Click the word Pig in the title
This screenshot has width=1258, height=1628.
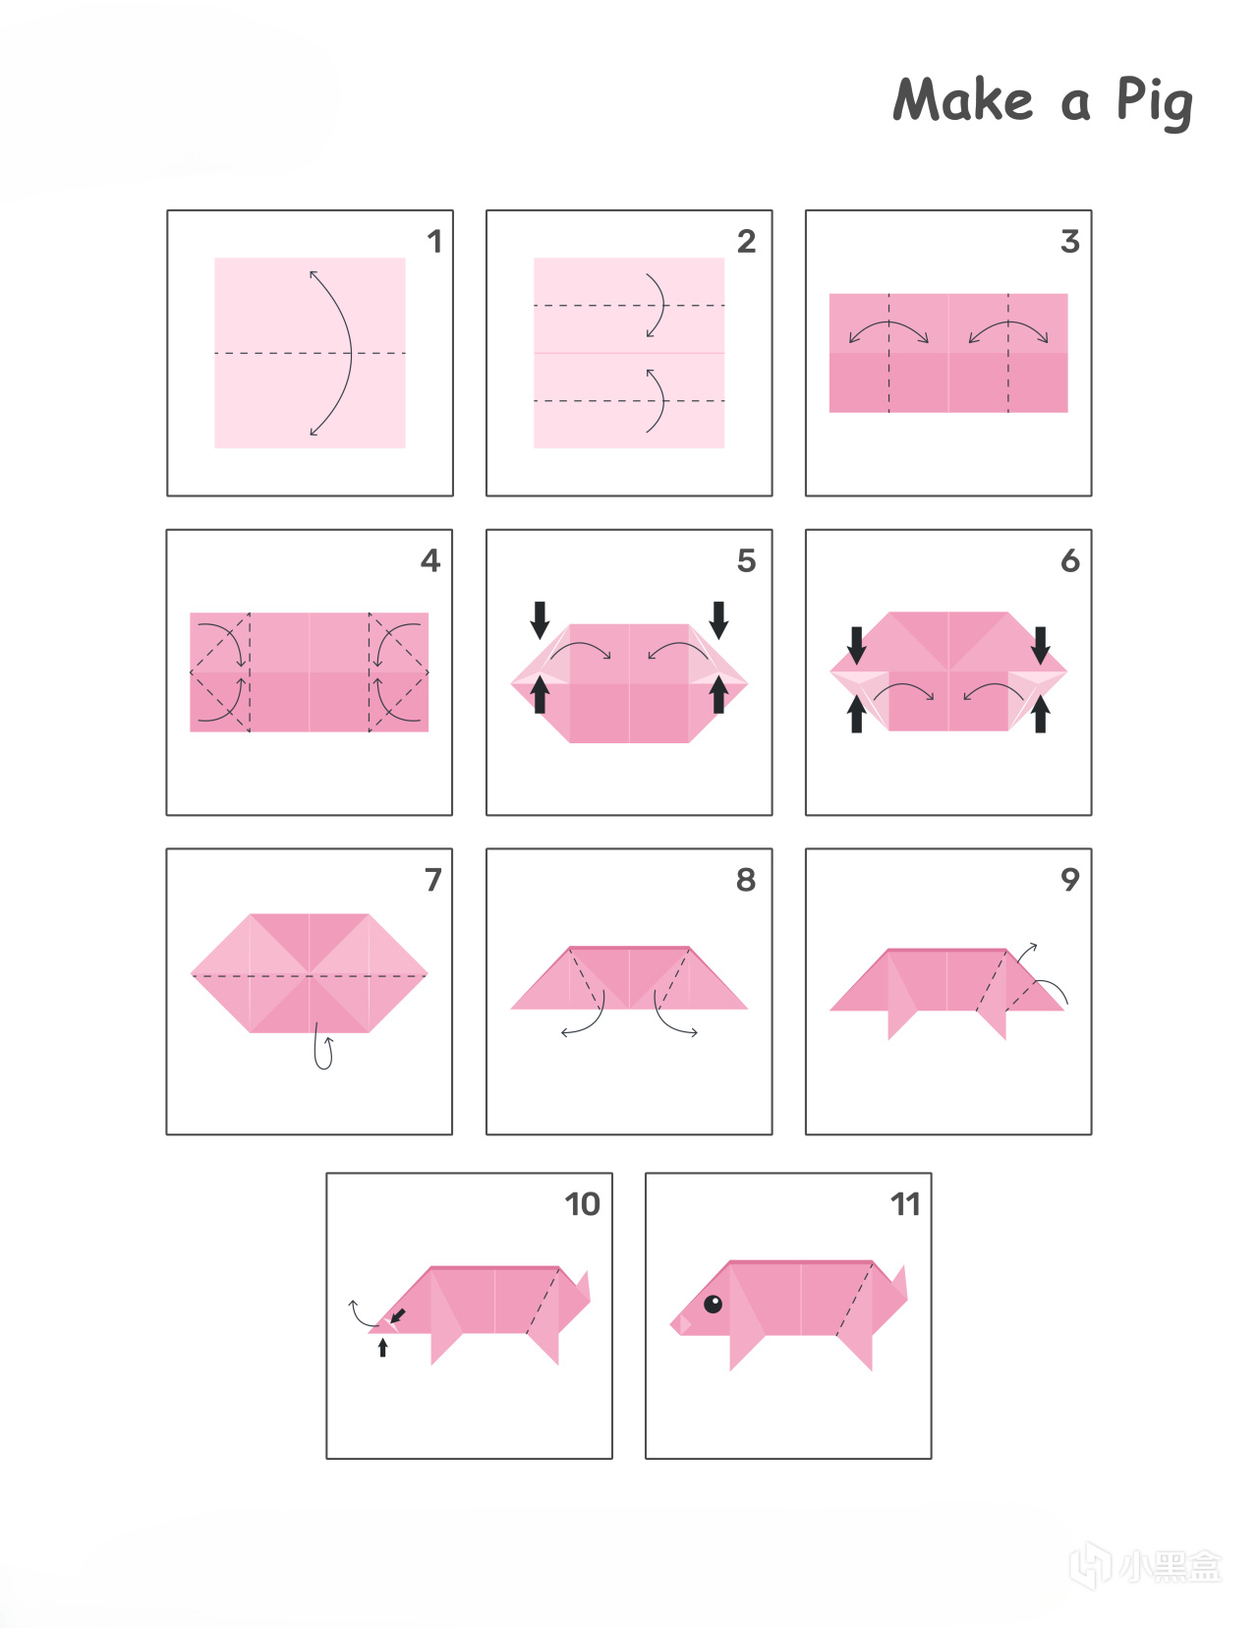point(1155,102)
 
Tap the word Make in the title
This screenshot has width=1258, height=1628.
point(963,99)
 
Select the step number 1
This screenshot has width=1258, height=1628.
point(434,241)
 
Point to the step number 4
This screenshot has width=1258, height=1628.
point(430,560)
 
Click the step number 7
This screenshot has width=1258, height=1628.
point(432,880)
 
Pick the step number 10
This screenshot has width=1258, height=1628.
point(583,1204)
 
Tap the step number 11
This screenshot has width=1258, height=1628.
point(905,1204)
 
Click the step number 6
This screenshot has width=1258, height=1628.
point(1070,560)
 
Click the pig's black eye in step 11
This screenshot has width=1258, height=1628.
point(713,1305)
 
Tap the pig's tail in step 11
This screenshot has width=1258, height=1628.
point(898,1284)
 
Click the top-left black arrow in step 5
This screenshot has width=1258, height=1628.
point(540,619)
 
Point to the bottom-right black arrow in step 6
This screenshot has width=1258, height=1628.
point(1040,714)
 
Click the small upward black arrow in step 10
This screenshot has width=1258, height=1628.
point(382,1348)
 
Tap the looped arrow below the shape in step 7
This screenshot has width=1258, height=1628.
point(323,1046)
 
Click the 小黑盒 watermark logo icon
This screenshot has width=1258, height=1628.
point(1091,1565)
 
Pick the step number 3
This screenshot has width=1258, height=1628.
point(1070,241)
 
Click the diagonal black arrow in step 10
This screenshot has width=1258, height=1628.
point(398,1315)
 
